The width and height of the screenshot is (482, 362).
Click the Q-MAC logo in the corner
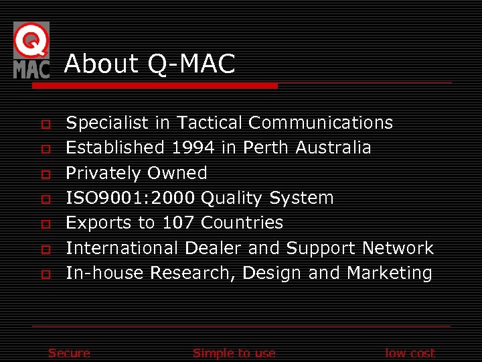click(31, 50)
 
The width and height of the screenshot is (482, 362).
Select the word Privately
click(104, 173)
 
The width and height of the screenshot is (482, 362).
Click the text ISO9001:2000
click(131, 198)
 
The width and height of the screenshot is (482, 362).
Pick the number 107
click(178, 223)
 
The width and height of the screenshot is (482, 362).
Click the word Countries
click(242, 223)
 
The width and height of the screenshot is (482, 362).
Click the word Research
click(192, 273)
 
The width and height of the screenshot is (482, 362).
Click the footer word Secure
click(69, 353)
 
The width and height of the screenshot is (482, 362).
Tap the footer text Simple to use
click(234, 353)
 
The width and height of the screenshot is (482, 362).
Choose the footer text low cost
click(410, 353)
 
